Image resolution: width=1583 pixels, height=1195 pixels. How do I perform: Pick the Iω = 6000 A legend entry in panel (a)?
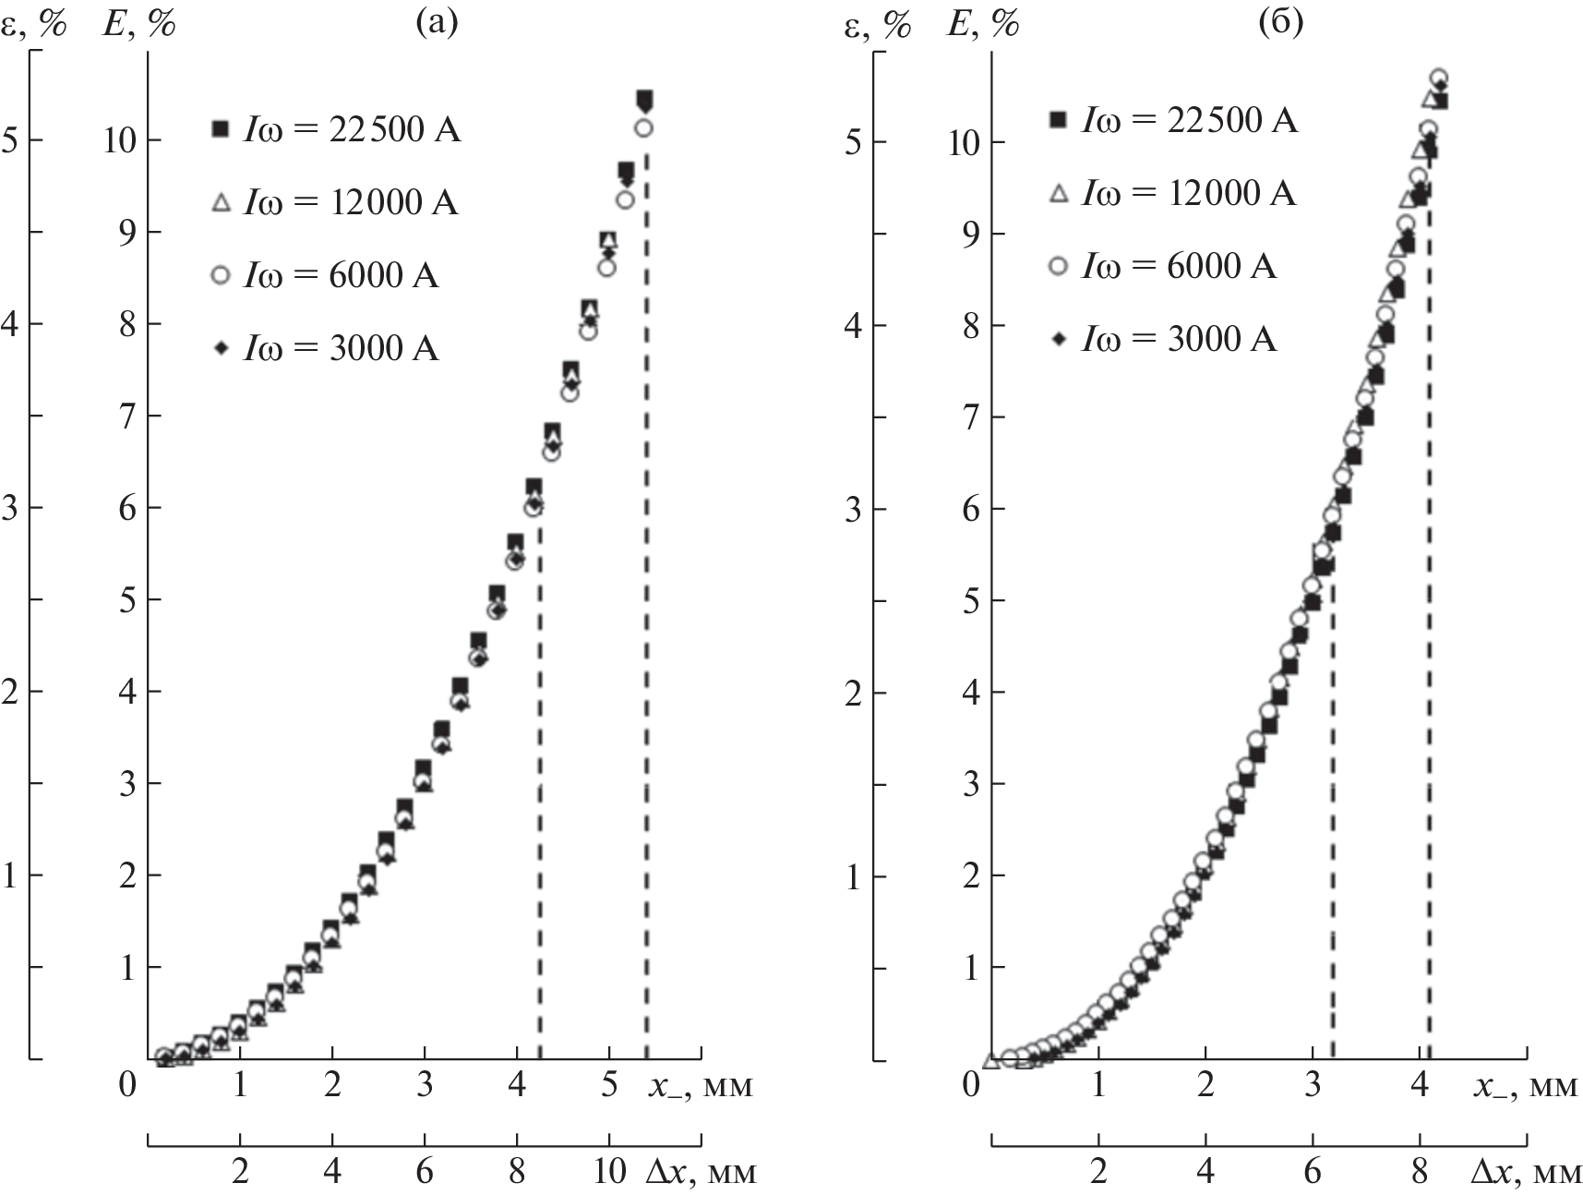coord(326,275)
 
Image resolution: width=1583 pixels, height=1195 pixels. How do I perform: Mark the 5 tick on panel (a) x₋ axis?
coord(608,1084)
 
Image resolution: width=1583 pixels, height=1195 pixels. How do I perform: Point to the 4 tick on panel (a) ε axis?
coord(13,323)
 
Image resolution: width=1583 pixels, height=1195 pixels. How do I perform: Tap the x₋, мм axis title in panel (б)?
coord(1524,1086)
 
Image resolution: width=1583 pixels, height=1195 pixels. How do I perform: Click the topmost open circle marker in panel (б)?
coord(1438,78)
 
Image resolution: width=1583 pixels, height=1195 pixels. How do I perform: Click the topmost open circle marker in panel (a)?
coord(644,128)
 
